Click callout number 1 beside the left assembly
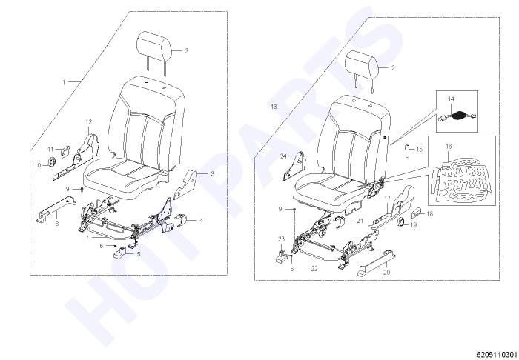pos(64,81)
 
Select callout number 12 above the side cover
pos(89,122)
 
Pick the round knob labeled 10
pos(52,162)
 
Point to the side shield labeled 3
pos(186,184)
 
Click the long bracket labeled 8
pos(56,209)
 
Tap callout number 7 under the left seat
pos(87,238)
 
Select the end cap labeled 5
pos(122,254)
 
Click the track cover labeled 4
pos(180,221)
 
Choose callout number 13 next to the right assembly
pos(274,107)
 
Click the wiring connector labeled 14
pos(458,116)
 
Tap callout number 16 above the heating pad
pos(449,146)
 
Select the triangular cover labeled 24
pos(294,166)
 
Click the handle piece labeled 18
pos(417,213)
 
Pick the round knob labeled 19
pos(402,222)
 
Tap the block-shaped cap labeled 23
pos(282,256)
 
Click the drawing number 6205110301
pos(497,355)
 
